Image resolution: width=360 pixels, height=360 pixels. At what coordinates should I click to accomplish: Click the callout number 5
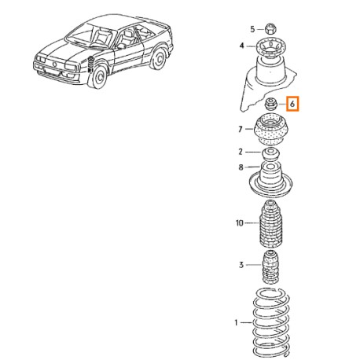click(252, 29)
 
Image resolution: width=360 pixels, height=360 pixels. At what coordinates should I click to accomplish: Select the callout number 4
click(242, 46)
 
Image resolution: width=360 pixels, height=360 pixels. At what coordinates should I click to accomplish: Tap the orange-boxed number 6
click(292, 104)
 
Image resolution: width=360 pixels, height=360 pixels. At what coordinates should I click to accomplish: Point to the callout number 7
click(241, 129)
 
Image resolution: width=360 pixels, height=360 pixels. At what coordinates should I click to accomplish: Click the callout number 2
click(241, 152)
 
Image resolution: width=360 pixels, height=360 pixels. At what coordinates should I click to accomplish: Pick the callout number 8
click(241, 167)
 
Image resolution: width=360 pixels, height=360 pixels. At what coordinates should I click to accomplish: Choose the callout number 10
click(240, 223)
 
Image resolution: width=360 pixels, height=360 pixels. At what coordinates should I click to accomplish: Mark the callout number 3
click(241, 265)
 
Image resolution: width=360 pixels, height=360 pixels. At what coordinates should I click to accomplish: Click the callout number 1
click(236, 322)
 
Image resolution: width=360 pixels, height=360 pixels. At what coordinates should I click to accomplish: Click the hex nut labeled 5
click(270, 28)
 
